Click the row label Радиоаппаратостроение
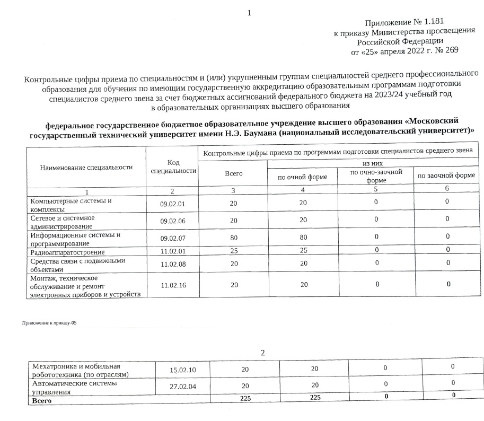(67, 252)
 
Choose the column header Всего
(233, 173)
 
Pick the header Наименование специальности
(86, 167)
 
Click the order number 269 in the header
(451, 51)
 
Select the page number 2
(262, 353)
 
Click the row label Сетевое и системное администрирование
(63, 222)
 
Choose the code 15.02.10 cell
(183, 370)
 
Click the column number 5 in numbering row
(375, 189)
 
